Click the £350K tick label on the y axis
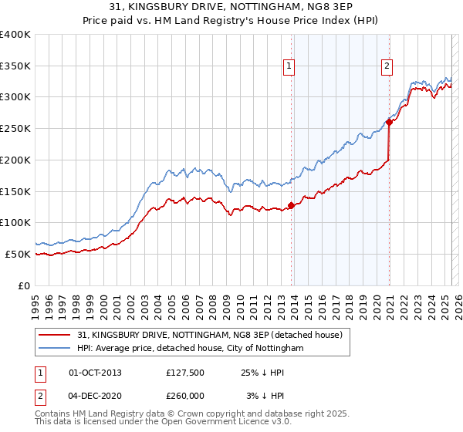point(15,66)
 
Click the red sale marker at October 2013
point(291,205)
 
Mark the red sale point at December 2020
point(390,122)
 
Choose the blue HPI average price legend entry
point(191,348)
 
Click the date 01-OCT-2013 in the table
point(95,373)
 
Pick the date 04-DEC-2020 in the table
point(95,396)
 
